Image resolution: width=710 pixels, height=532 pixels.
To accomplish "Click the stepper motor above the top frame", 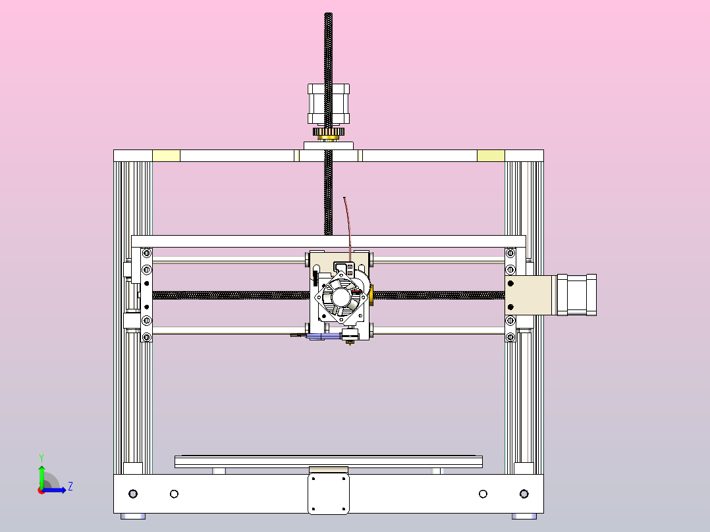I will (329, 103).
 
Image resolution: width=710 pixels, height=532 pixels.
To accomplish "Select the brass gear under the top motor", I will (329, 133).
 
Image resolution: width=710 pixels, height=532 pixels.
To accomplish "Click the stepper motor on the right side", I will (578, 296).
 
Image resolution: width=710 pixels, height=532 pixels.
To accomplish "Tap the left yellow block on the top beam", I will (166, 155).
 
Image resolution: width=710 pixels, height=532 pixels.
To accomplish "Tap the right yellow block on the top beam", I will (491, 155).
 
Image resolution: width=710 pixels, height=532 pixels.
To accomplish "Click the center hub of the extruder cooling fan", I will (341, 298).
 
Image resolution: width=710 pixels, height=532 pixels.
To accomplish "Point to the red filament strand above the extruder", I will (348, 224).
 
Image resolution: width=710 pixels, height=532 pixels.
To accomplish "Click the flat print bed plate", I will (328, 461).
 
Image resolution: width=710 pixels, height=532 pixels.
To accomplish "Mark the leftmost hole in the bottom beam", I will (133, 494).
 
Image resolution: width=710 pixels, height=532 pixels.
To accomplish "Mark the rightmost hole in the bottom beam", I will (524, 494).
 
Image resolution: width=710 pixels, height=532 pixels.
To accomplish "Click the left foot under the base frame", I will (134, 516).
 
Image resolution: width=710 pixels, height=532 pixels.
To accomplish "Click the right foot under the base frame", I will (524, 516).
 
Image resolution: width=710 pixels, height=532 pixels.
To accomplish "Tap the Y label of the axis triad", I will (41, 457).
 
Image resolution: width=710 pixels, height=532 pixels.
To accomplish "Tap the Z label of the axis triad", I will (70, 487).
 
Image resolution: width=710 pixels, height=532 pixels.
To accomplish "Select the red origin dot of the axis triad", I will (41, 490).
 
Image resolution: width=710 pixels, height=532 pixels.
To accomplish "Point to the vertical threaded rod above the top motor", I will (329, 46).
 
